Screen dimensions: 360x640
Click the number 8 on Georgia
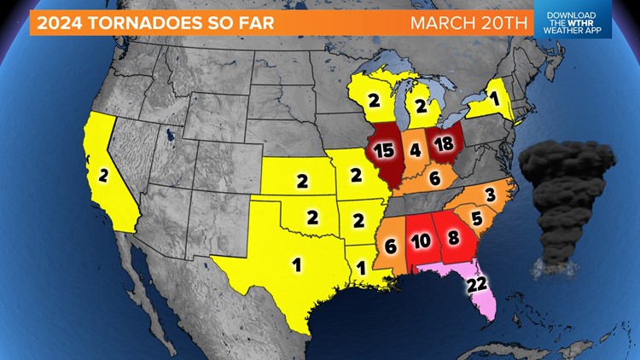tap(453, 236)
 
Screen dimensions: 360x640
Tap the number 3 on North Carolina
tap(490, 195)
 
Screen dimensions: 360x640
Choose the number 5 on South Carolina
tap(476, 218)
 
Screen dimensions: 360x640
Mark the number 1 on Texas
tap(297, 264)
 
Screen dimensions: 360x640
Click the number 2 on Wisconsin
tap(373, 101)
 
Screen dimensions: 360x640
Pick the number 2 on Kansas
tap(302, 180)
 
